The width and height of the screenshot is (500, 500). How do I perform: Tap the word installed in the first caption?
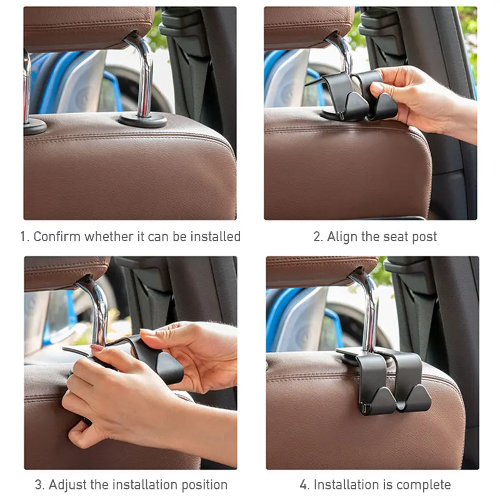click(216, 237)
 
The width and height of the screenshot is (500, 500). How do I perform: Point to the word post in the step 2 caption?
click(424, 237)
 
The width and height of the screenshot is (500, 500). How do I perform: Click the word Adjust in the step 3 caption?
click(66, 485)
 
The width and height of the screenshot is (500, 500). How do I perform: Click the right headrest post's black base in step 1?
click(143, 119)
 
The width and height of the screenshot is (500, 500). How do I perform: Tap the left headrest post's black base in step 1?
click(34, 126)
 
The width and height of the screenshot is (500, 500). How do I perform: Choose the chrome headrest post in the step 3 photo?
click(97, 306)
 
